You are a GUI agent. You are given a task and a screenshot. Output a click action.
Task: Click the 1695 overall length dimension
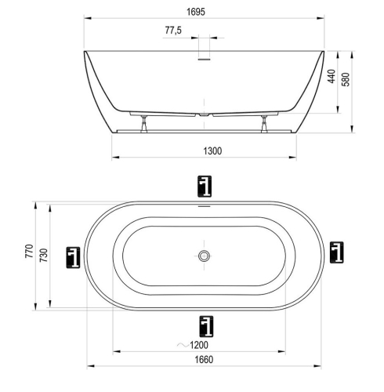click(x=196, y=12)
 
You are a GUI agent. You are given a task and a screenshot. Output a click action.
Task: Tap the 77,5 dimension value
click(x=173, y=31)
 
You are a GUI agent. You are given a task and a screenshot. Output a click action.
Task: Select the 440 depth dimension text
click(x=331, y=76)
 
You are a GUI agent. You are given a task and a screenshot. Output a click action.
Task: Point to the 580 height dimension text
click(x=346, y=79)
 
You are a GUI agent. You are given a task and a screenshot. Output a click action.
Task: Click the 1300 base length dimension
click(x=212, y=151)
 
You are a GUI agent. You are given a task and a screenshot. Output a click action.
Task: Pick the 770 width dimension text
click(x=29, y=251)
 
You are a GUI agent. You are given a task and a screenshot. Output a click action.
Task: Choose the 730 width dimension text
click(x=44, y=256)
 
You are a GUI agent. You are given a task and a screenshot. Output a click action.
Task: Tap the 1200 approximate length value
click(x=199, y=345)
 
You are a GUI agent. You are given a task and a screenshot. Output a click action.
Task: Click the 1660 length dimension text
click(x=204, y=360)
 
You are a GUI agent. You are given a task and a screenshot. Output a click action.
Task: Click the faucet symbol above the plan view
click(x=205, y=187)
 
